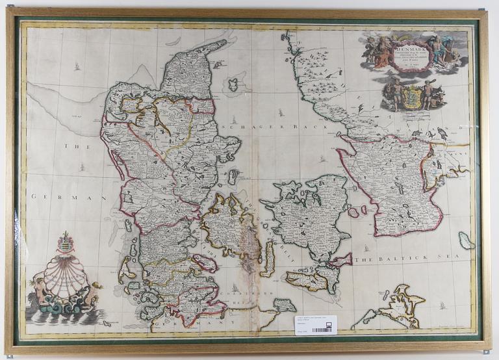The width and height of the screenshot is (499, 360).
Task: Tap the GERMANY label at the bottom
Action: (214, 322)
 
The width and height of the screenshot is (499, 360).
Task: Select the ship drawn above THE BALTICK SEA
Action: (367, 248)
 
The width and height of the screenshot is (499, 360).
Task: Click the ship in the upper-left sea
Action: (77, 66)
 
